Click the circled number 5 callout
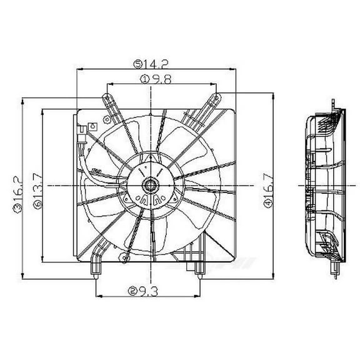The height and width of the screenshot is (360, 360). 137,62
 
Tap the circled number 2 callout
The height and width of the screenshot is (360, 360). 132,290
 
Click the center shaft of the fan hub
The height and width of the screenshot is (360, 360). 151,185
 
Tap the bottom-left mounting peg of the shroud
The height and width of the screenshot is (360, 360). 96,269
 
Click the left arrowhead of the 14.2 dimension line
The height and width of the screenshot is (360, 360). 78,69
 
